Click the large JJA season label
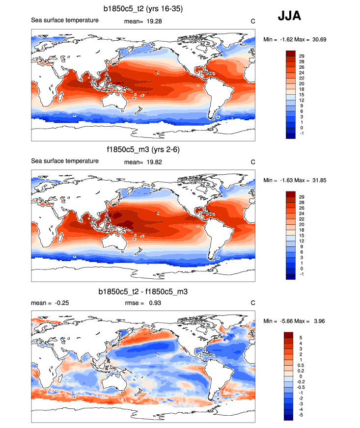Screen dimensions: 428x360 coord(290,16)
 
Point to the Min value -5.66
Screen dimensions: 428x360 coord(289,321)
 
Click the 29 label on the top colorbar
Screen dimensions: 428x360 coord(302,56)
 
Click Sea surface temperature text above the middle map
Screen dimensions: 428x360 coord(65,161)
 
